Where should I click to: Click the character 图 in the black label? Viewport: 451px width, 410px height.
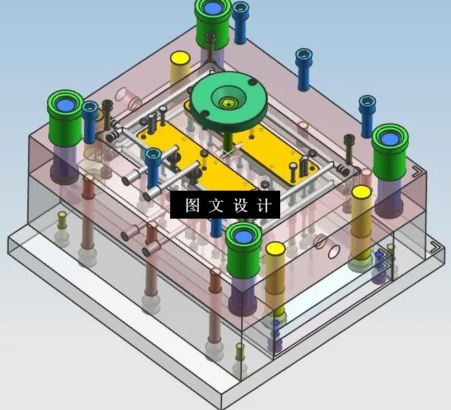[193, 205]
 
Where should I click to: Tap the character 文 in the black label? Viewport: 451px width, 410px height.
[216, 205]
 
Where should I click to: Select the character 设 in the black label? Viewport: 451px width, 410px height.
[241, 205]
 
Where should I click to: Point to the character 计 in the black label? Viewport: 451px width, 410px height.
[264, 205]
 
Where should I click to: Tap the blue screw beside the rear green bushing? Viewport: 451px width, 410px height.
[240, 20]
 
